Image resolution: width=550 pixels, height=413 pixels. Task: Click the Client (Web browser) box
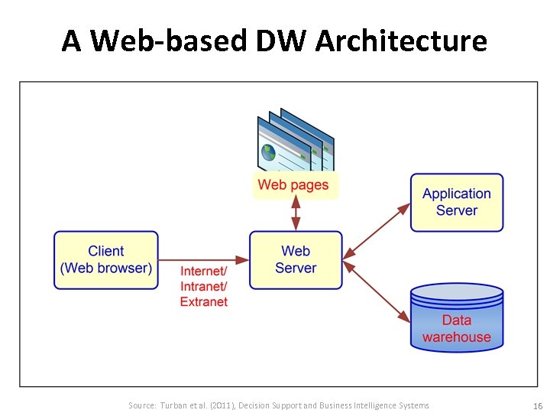106,260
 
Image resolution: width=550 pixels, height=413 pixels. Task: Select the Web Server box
296,260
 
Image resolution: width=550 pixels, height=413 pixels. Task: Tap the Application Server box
457,203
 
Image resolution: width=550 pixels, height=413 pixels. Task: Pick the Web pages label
293,184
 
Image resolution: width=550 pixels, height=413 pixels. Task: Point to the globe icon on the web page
268,151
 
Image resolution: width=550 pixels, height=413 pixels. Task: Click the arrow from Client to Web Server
203,260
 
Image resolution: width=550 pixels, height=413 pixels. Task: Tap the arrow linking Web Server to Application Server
377,229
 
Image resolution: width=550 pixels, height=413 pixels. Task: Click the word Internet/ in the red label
204,272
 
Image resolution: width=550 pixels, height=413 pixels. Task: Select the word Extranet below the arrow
204,302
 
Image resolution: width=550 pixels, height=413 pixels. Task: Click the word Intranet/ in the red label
204,287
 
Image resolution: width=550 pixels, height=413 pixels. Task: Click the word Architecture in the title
401,41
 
